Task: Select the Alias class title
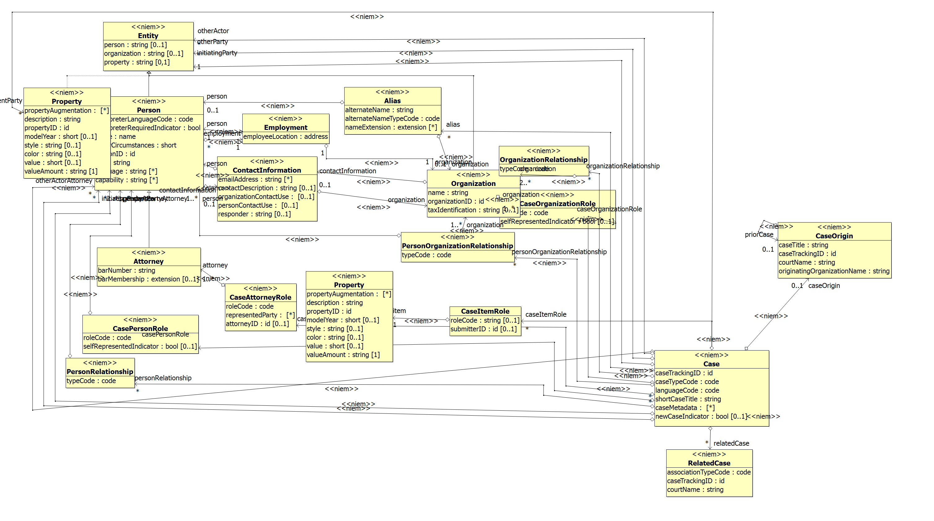392,101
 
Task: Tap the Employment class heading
285,128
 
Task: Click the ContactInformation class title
267,170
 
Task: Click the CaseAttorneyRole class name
260,297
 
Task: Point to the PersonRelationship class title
100,372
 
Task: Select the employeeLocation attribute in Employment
285,137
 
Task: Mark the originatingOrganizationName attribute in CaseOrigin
834,271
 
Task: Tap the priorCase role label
759,235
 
